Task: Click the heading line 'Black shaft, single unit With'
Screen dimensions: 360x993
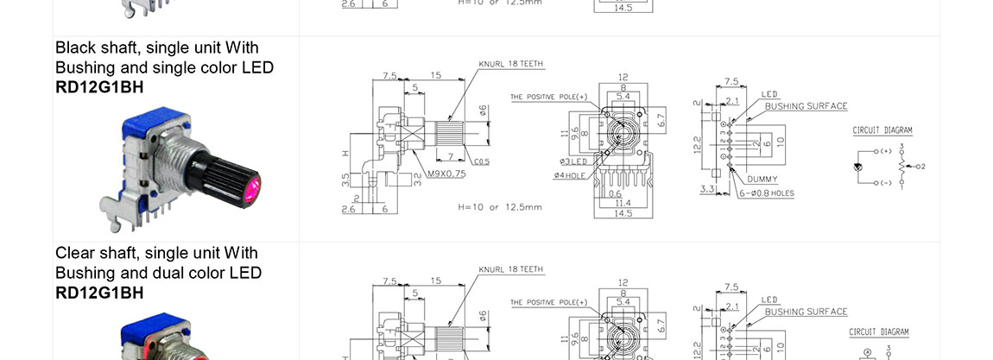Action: click(x=156, y=47)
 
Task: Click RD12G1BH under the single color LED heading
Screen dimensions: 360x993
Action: click(x=99, y=86)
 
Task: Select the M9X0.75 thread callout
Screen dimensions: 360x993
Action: click(x=446, y=174)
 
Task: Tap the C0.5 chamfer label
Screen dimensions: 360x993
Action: click(x=482, y=161)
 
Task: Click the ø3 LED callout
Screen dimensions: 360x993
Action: click(x=572, y=161)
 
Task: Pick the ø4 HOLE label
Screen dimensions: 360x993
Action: click(x=570, y=175)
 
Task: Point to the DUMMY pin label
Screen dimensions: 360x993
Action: click(x=762, y=179)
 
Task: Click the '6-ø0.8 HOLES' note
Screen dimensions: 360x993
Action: click(x=766, y=193)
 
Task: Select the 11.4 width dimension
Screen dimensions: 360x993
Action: click(x=622, y=202)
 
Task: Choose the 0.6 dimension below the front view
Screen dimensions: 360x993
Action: click(x=615, y=193)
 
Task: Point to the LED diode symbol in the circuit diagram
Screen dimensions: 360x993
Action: click(x=860, y=167)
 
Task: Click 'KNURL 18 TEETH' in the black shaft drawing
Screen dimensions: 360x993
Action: click(x=511, y=65)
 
